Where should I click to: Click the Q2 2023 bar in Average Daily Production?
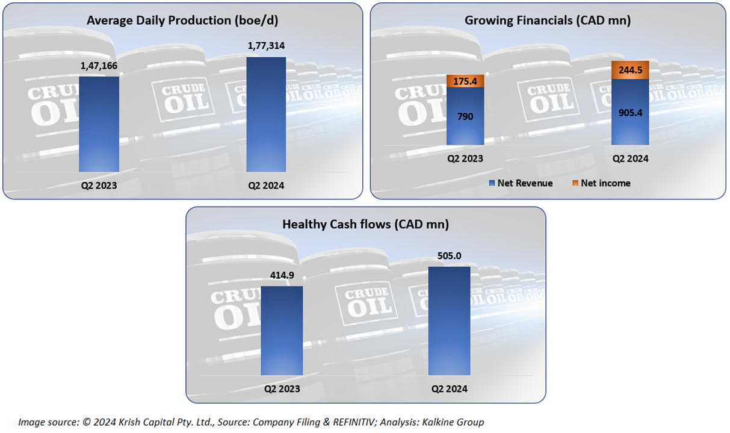[99, 124]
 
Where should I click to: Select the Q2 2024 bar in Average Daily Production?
[266, 114]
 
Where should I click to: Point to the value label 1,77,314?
[266, 46]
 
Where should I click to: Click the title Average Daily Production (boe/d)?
[182, 20]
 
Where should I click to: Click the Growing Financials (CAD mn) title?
[547, 20]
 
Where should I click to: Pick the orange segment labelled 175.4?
[465, 81]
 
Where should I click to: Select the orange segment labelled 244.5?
[630, 70]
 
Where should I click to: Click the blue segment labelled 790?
[465, 117]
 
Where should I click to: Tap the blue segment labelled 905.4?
[630, 112]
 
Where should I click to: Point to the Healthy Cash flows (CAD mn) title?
[365, 224]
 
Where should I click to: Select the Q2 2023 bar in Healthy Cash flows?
[282, 331]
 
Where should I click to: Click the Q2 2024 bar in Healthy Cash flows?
[449, 321]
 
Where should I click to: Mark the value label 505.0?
[449, 256]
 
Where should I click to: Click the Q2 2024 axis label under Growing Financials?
[630, 160]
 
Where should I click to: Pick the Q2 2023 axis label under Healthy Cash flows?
[282, 389]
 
